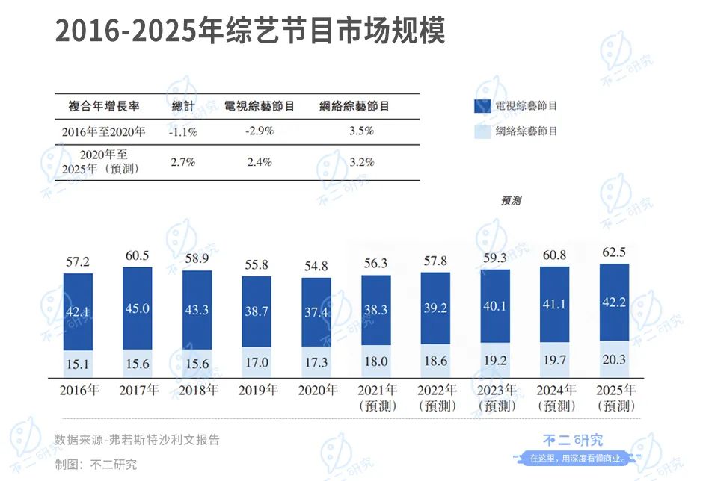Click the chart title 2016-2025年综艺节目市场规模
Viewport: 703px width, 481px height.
tap(250, 31)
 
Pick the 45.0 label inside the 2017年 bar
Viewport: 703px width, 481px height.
tap(138, 308)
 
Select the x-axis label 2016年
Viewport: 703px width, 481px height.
tap(78, 390)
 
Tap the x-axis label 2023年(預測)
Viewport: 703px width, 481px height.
tap(497, 397)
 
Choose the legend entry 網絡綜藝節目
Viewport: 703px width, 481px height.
tap(526, 131)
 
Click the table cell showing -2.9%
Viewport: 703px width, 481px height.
tap(259, 131)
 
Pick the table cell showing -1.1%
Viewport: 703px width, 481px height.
tap(182, 131)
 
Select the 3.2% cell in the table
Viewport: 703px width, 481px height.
tap(361, 161)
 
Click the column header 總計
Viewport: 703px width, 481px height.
tap(182, 106)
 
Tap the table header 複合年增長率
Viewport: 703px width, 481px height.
tap(104, 106)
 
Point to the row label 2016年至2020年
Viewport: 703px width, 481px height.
tap(103, 131)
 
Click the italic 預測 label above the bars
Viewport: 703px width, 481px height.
tap(511, 201)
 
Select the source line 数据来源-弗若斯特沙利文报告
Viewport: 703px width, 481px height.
tap(137, 440)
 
